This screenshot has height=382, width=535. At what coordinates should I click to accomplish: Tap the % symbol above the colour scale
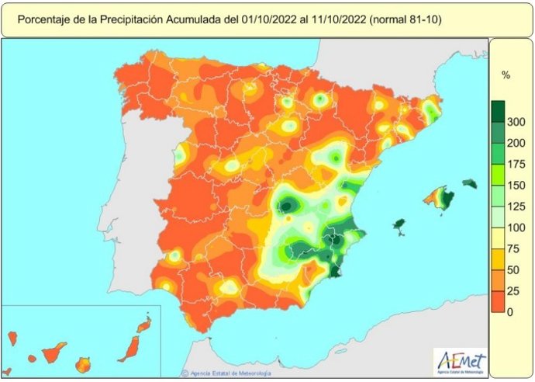506,76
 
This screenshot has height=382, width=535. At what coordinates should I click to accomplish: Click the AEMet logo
461,362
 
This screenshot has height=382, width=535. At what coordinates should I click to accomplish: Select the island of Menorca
470,184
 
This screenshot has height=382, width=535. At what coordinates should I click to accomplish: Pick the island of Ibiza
399,225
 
